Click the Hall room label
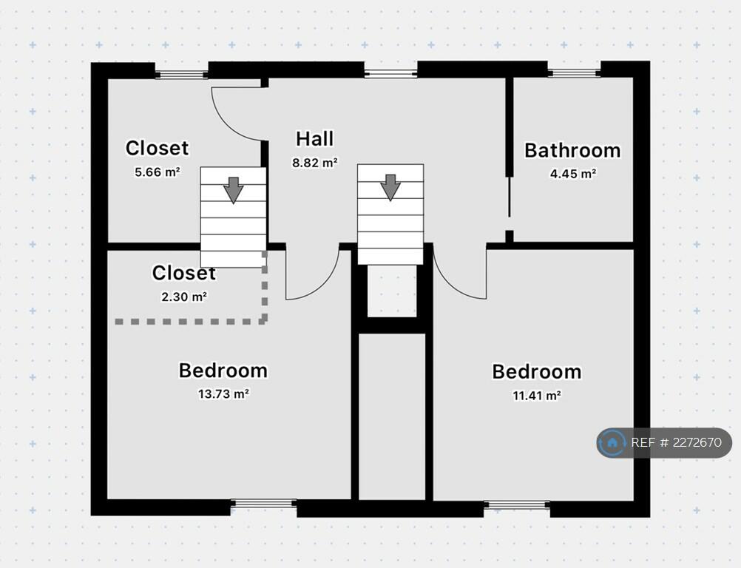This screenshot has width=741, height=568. (314, 138)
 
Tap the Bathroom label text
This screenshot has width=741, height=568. (572, 150)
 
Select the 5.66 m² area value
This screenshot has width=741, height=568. (157, 172)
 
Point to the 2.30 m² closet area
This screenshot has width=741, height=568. (183, 297)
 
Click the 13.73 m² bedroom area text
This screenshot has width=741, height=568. (223, 393)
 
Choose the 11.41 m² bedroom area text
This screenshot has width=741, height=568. (536, 395)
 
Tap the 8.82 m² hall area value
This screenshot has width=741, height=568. (314, 163)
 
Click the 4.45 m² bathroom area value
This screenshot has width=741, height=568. (572, 174)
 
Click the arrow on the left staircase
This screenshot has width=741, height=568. (233, 190)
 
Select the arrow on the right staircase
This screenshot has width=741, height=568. (390, 187)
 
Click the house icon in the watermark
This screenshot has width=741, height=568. (612, 443)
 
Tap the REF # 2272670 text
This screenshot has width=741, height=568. (676, 443)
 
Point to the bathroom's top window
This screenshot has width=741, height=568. (574, 72)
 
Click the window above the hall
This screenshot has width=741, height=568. (390, 72)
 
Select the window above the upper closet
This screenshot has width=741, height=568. (182, 73)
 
